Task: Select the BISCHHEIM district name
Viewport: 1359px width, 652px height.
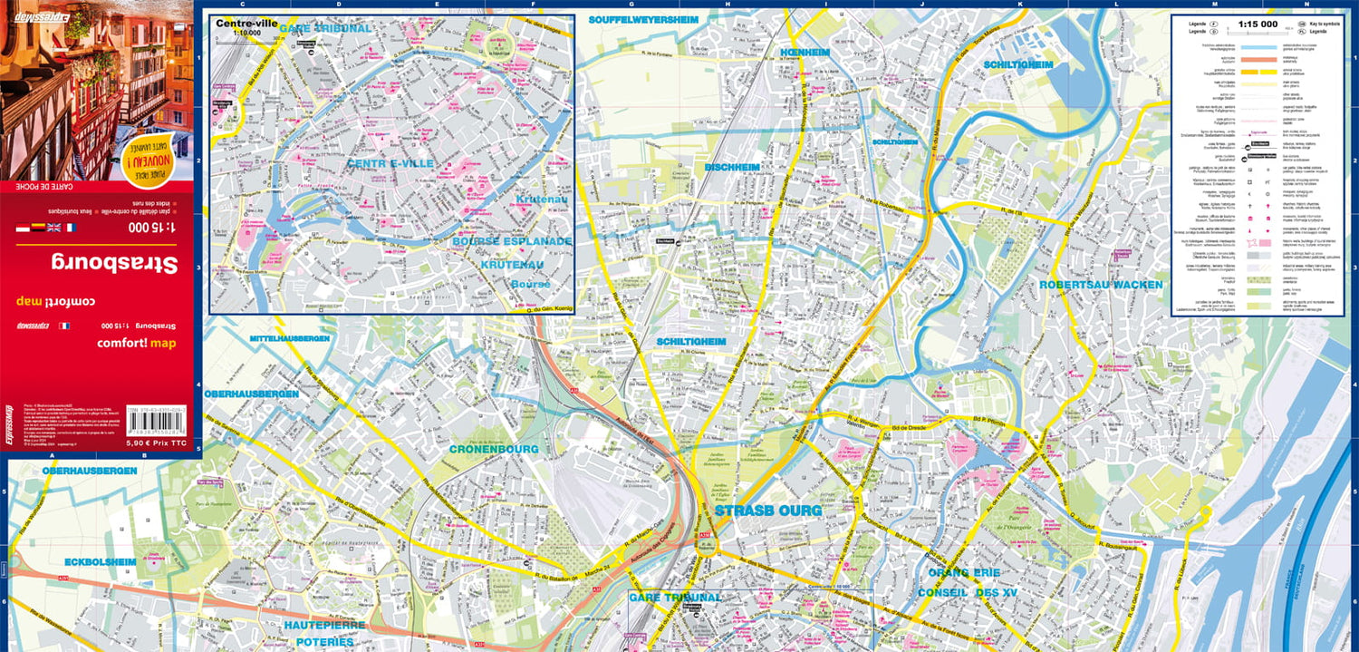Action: [732, 167]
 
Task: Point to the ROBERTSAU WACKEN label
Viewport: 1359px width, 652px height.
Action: [1101, 285]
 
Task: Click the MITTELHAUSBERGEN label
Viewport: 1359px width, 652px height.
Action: [289, 338]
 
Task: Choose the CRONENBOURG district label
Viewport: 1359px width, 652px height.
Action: [495, 449]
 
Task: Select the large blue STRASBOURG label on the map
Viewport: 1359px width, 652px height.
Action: [768, 511]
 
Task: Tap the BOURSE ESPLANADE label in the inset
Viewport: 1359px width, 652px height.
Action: [512, 241]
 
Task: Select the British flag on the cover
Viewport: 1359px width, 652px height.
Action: [53, 228]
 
